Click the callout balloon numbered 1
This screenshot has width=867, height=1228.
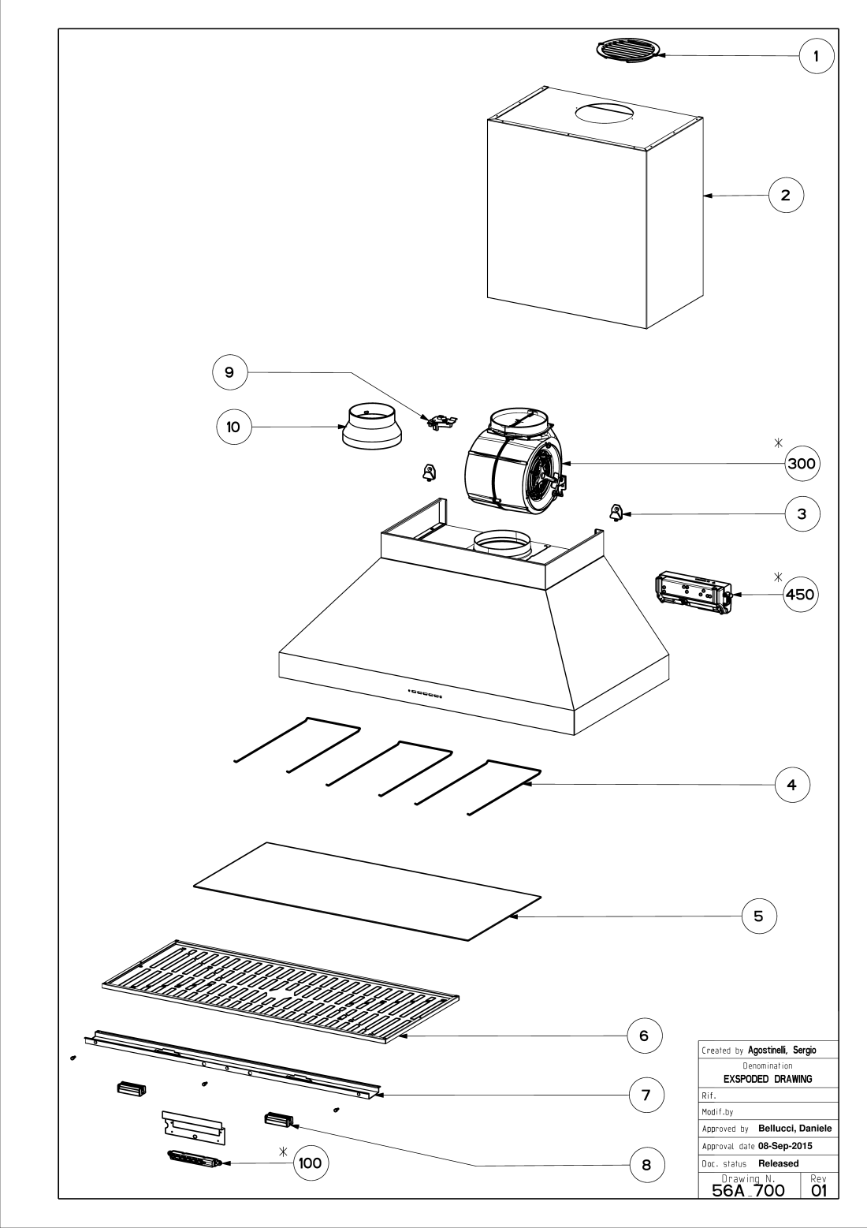[817, 56]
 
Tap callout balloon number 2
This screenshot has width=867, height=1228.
[786, 195]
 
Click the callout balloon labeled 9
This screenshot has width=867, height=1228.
[229, 373]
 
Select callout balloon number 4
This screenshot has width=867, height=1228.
[792, 785]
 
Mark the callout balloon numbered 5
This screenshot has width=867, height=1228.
[758, 916]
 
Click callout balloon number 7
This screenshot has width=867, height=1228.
[646, 1095]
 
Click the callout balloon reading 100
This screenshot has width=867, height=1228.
[310, 1162]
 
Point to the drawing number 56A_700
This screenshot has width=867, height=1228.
[748, 1189]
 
